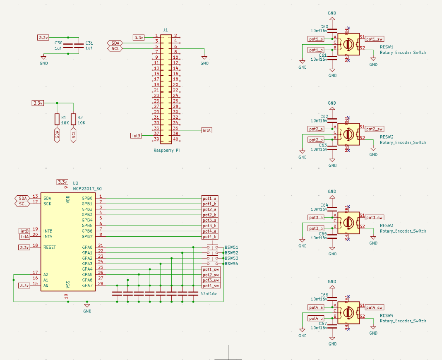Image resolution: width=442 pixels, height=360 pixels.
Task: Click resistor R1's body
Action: point(57,120)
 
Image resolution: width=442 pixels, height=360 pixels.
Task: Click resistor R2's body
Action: point(74,120)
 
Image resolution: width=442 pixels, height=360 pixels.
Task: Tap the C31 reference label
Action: point(89,43)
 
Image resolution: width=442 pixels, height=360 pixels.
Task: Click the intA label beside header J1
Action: point(207,130)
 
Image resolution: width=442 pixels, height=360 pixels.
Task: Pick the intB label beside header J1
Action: point(136,135)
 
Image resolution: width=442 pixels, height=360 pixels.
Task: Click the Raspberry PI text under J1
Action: point(166,151)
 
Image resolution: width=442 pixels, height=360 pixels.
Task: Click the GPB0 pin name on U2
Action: point(87,199)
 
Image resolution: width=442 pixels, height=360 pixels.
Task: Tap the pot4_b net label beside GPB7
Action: point(210,237)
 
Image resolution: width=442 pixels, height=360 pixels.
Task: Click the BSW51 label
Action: point(231,247)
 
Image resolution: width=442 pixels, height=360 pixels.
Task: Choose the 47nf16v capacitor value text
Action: point(209,293)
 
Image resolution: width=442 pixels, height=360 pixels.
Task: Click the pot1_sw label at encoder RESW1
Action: point(374,39)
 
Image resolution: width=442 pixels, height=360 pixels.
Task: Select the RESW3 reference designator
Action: point(387,226)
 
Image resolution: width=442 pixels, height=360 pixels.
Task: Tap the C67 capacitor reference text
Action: point(324,323)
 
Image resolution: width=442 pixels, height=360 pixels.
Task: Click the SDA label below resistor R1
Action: point(57,135)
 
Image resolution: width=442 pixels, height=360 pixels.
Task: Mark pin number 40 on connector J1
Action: point(175,139)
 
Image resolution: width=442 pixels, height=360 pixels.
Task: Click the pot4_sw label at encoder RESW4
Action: point(374,307)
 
